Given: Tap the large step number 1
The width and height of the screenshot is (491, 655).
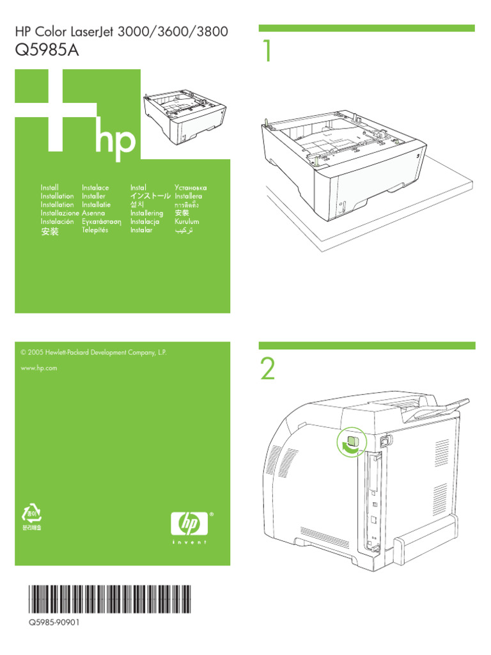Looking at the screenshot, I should click(267, 52).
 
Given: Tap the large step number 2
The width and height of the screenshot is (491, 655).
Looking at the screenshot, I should click(268, 370).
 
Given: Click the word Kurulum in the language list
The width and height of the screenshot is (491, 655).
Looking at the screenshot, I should click(187, 221).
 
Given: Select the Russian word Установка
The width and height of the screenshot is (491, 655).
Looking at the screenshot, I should click(191, 187).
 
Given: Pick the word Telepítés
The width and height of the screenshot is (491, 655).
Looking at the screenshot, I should click(95, 230).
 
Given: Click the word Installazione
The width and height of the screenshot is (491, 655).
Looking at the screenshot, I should click(59, 213).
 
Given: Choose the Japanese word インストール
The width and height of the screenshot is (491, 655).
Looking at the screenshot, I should click(150, 196).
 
